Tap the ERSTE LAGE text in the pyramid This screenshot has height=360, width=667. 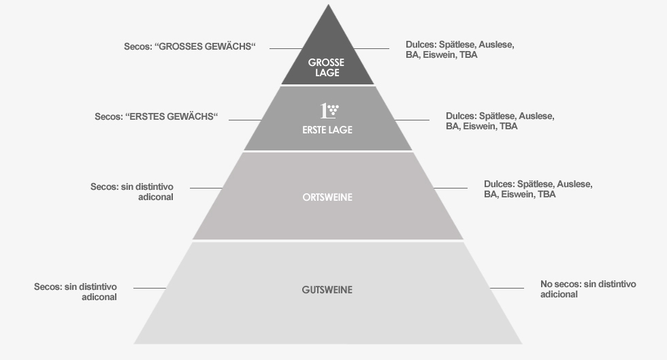[x=327, y=129]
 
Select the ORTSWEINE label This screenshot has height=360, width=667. [x=327, y=197]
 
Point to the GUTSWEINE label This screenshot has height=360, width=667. [x=327, y=290]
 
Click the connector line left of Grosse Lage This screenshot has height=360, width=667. [x=285, y=48]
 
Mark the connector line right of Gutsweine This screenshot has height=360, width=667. [x=507, y=289]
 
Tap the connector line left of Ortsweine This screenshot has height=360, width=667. [x=206, y=188]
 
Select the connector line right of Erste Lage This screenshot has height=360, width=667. [x=412, y=120]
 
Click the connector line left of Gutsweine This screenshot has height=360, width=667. [x=150, y=289]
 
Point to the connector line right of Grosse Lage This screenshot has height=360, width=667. [x=372, y=48]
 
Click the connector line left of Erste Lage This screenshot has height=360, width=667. [x=245, y=120]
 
